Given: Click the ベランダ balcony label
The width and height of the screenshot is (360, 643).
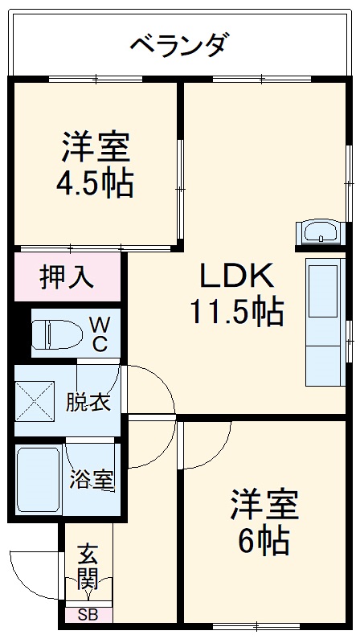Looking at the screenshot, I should point(181,43).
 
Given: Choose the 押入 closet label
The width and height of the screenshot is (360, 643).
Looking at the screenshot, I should point(67,277).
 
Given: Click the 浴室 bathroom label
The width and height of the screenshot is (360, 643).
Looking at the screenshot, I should point(91,480).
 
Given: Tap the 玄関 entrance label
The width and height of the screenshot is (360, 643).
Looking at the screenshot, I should point(88,566).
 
